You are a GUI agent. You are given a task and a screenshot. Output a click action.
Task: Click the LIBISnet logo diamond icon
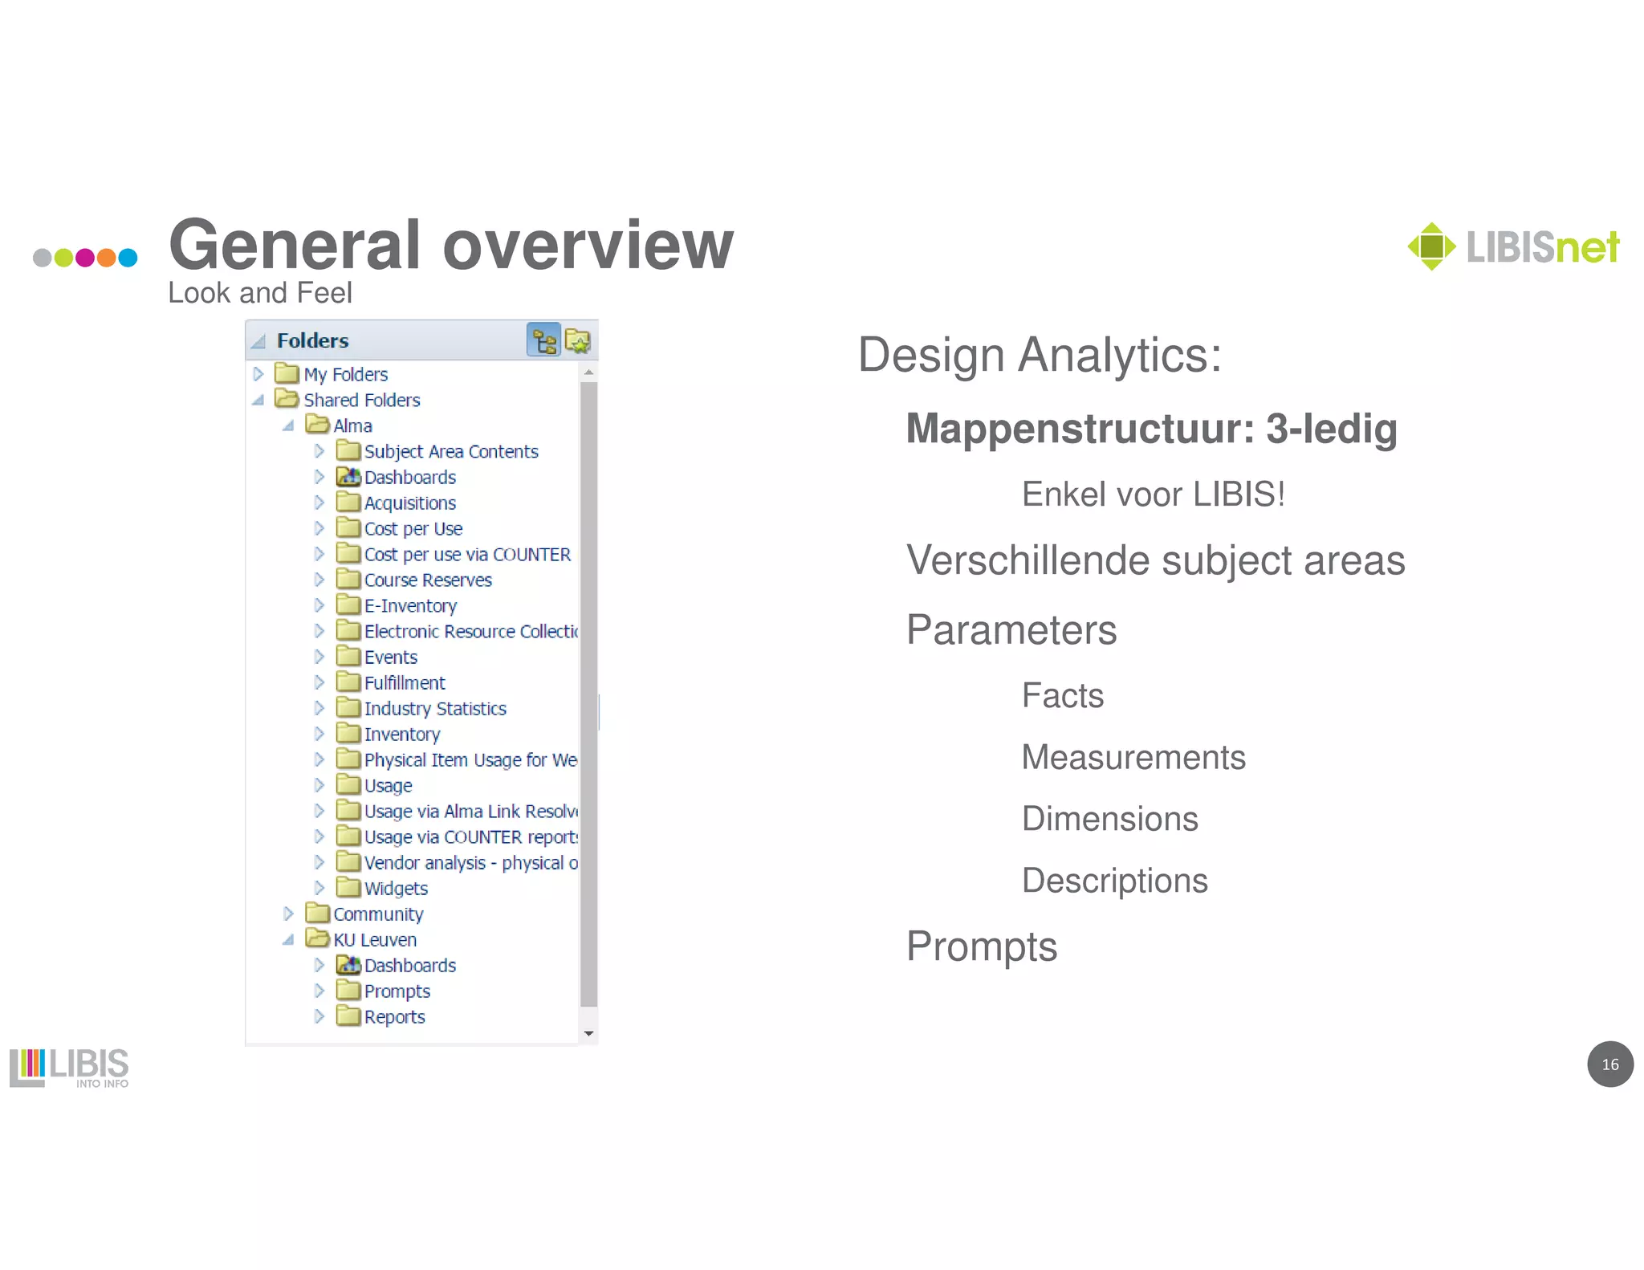(x=1431, y=246)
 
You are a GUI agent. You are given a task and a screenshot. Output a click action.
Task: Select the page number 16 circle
(x=1609, y=1064)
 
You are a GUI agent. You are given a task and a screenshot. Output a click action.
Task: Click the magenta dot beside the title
(x=85, y=258)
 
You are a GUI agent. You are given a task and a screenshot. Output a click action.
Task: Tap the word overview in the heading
(x=588, y=245)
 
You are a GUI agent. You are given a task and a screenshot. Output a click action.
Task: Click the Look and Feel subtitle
(x=259, y=293)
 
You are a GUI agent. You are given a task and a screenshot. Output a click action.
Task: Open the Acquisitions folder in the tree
(x=409, y=503)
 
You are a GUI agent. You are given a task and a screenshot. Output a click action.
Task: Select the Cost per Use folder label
(x=413, y=529)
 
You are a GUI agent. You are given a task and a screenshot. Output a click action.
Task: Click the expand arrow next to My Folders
(x=258, y=374)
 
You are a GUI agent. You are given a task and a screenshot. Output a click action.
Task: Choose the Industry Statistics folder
(x=434, y=709)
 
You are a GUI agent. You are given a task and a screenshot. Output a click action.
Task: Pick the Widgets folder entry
(x=396, y=889)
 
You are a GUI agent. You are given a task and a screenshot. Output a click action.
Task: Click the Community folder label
(x=378, y=914)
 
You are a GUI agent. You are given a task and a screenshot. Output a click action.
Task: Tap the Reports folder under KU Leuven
(x=394, y=1017)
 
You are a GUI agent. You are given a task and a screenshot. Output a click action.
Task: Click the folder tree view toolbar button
(x=543, y=341)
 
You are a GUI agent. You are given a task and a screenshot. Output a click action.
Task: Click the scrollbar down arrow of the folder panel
(x=588, y=1034)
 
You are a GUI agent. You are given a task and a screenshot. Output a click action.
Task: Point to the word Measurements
(x=1133, y=757)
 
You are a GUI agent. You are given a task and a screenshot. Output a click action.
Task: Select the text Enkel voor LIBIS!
(x=1153, y=495)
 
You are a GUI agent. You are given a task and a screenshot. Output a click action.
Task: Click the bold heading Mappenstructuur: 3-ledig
(x=1151, y=429)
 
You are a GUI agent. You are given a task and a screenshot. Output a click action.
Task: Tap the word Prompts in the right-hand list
(x=981, y=946)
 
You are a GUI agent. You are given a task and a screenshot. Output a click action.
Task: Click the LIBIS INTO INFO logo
(x=69, y=1068)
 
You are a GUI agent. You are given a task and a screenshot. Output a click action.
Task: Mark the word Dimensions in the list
(x=1109, y=819)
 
